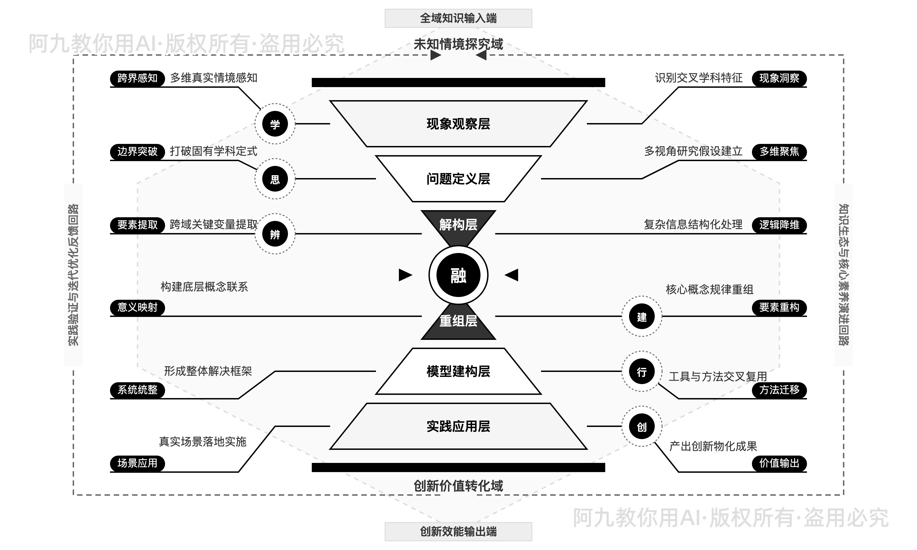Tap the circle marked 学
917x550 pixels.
click(275, 124)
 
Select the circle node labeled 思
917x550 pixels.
click(275, 179)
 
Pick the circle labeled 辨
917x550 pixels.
click(275, 234)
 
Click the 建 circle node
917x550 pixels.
click(642, 316)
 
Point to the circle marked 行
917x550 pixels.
click(642, 371)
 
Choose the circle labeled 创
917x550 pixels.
click(642, 426)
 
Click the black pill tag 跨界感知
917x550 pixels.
click(137, 78)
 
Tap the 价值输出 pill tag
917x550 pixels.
click(779, 463)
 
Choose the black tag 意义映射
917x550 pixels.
click(137, 307)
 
